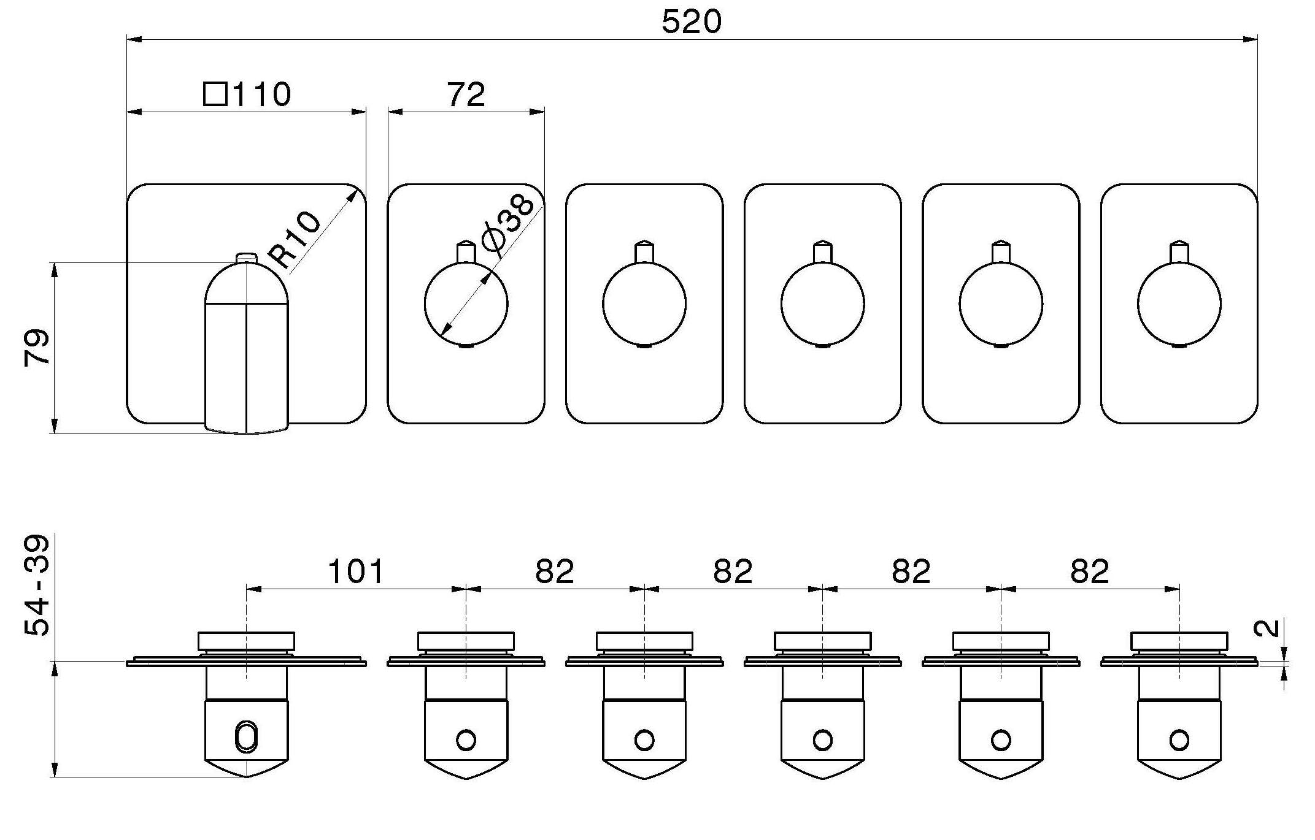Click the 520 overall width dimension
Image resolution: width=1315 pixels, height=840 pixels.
click(692, 23)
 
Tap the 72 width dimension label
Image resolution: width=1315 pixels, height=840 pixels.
click(466, 94)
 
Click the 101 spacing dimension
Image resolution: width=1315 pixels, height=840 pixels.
click(356, 571)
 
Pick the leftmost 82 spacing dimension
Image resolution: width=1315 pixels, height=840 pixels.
click(555, 571)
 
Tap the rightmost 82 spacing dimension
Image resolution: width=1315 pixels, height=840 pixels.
click(1090, 571)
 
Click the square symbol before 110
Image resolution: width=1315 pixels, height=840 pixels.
click(215, 94)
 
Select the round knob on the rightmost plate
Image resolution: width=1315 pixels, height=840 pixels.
click(1179, 304)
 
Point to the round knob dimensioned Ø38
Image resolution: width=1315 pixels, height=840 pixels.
click(466, 304)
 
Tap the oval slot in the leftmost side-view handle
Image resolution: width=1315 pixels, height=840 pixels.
click(246, 736)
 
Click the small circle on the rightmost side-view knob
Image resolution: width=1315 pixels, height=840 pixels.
click(1179, 740)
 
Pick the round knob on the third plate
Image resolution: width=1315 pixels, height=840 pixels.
click(644, 304)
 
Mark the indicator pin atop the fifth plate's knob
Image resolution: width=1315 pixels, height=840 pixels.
click(1001, 251)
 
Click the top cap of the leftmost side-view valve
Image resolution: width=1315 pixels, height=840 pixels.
click(246, 641)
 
